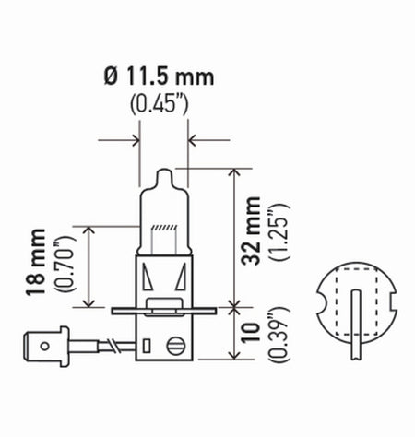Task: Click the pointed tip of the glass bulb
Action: point(163,173)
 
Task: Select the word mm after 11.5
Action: point(197,77)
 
